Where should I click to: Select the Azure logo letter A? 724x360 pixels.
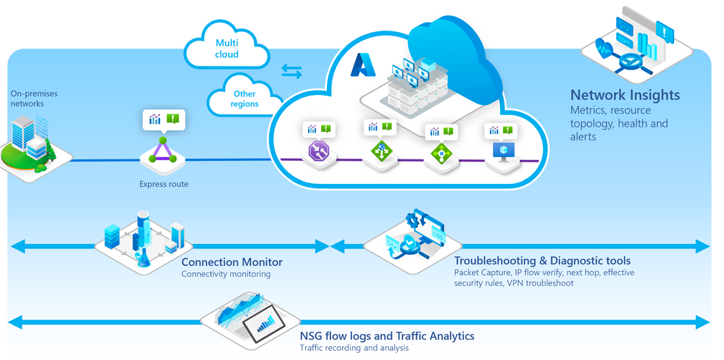point(362,66)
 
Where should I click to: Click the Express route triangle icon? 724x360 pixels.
point(163,151)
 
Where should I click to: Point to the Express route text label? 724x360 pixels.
point(164,184)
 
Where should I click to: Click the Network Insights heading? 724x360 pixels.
point(625,95)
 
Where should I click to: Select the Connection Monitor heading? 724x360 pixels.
point(232,262)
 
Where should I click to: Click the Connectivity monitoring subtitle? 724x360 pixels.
point(225,274)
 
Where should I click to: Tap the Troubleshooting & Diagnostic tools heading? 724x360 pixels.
point(542,261)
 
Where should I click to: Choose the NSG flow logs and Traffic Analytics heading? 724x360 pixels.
point(387,336)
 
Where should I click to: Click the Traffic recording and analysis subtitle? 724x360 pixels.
point(354,348)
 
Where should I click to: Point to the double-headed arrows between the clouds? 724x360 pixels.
point(292,71)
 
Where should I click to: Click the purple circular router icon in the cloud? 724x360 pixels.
point(319,151)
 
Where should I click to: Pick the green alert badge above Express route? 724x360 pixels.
point(172,119)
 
